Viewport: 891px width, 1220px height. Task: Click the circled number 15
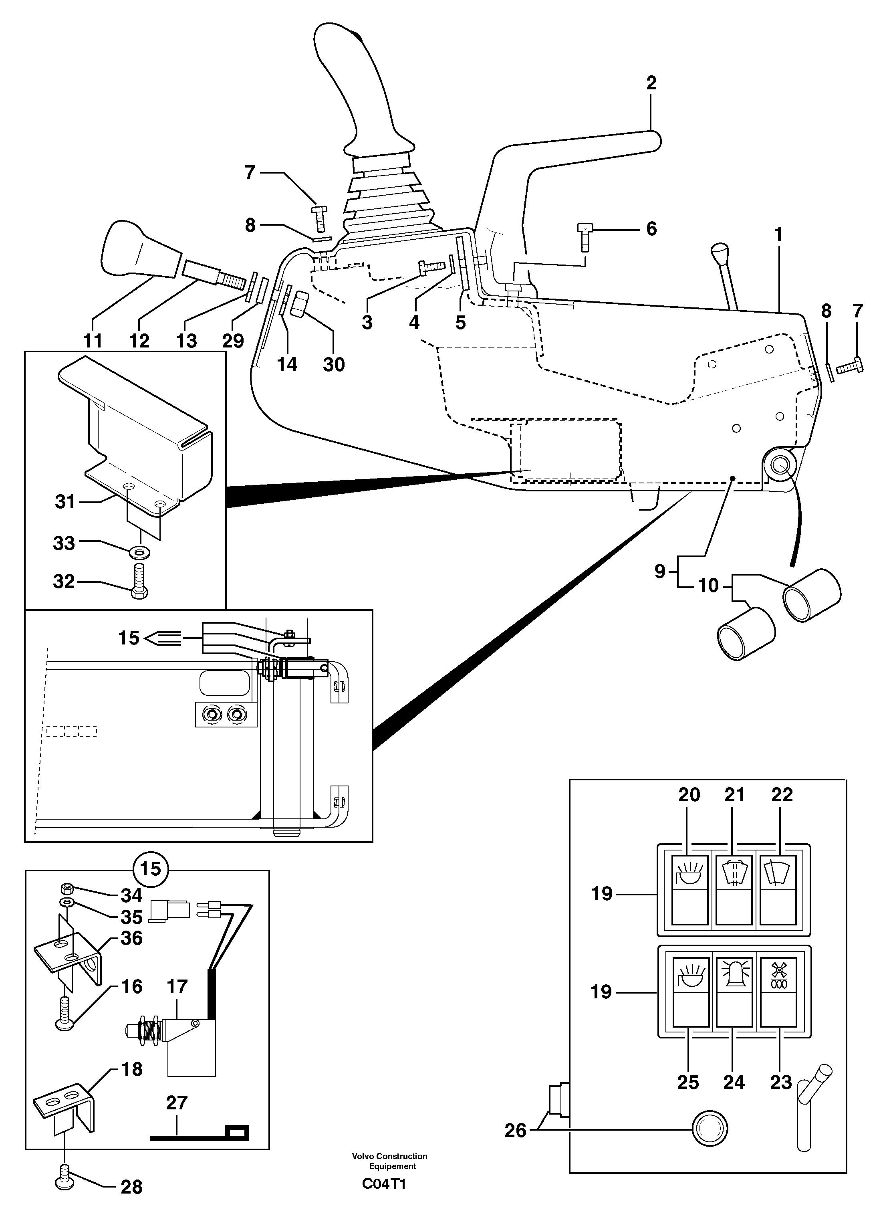tap(151, 869)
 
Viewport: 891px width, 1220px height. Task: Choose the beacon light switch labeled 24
tap(734, 991)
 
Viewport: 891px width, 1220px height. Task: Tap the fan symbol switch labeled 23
tap(778, 991)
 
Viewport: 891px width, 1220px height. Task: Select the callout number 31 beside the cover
tap(65, 501)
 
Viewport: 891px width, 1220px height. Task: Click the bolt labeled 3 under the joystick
tap(430, 267)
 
